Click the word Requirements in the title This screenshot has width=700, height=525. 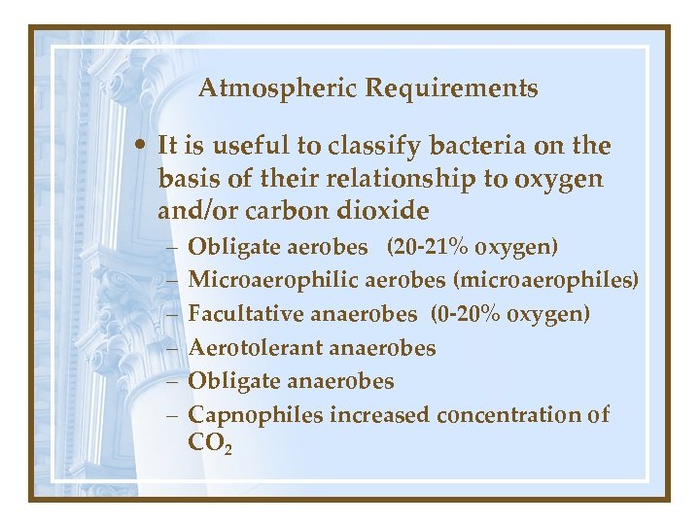click(x=451, y=89)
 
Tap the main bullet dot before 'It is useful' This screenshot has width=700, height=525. click(x=142, y=147)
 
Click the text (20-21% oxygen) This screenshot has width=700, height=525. click(x=472, y=248)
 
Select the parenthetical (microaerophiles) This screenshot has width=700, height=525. click(x=545, y=282)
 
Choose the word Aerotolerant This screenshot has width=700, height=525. click(x=257, y=347)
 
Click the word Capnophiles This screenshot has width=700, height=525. click(x=256, y=415)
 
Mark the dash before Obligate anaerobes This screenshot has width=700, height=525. click(x=170, y=381)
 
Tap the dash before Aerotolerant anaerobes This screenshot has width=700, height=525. click(x=170, y=348)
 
